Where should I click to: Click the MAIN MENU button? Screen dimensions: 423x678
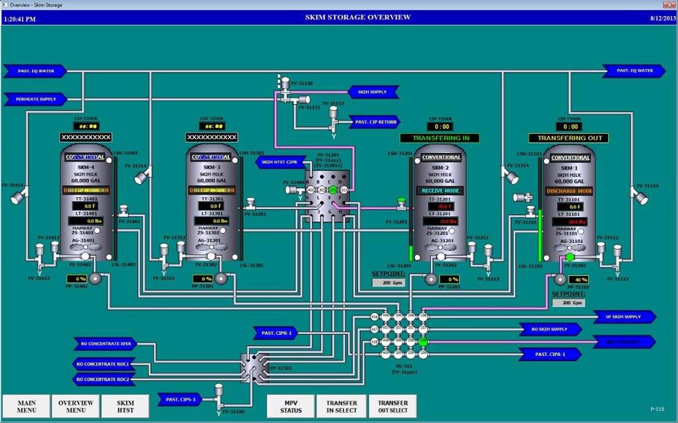(26, 406)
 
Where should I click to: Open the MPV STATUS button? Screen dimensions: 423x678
(291, 406)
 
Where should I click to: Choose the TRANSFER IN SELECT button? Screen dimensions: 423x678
(342, 406)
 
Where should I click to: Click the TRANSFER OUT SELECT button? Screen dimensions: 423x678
(393, 406)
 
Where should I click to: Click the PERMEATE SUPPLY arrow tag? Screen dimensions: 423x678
(35, 98)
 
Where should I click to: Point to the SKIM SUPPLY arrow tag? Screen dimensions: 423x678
(373, 92)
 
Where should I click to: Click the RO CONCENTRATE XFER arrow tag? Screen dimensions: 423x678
(105, 344)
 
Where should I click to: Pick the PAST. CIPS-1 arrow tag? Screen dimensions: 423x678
(181, 399)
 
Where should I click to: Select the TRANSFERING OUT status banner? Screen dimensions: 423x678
(572, 138)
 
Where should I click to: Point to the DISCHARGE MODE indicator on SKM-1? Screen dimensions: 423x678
(570, 191)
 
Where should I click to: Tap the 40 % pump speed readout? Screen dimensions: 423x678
(580, 279)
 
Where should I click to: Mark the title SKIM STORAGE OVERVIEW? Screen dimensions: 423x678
(357, 17)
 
